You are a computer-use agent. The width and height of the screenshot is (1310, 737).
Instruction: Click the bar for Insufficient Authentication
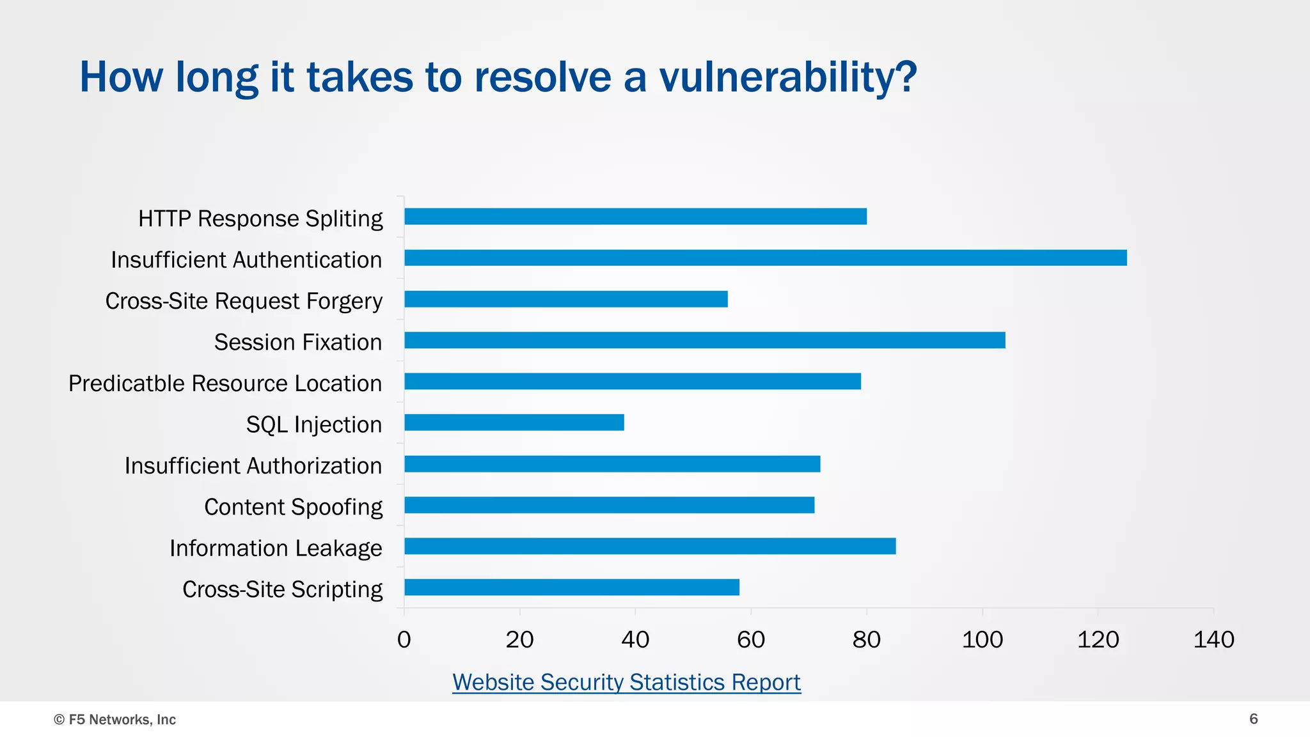[765, 258]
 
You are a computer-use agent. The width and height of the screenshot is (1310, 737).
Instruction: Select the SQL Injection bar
[514, 423]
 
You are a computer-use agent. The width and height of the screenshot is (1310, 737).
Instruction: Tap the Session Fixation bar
[704, 340]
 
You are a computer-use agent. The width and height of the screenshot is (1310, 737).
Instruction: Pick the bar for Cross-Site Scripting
[571, 587]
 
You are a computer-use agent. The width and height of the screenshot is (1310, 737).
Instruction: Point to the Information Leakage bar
[649, 547]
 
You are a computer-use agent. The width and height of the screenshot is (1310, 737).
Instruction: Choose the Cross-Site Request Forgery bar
[565, 299]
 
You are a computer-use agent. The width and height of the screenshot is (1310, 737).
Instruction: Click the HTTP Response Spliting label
[260, 219]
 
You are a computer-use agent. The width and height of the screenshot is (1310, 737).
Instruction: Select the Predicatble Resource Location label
[225, 384]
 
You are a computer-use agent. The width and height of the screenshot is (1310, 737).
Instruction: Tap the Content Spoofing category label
[293, 507]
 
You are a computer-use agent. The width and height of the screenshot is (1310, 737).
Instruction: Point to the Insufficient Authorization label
[253, 466]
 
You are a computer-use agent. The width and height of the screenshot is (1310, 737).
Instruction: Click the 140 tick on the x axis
[1213, 640]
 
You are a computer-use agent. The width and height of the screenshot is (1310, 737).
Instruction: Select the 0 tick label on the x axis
[404, 640]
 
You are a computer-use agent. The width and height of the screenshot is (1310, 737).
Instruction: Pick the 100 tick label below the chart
[982, 640]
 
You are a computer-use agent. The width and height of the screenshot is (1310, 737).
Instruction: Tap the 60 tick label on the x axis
[751, 640]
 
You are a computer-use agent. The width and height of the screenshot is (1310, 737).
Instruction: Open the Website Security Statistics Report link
[626, 683]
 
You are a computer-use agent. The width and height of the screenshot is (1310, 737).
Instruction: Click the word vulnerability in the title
[787, 77]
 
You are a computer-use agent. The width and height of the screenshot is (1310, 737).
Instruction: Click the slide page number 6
[1254, 719]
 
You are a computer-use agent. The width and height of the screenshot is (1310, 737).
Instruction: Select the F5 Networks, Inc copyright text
[115, 720]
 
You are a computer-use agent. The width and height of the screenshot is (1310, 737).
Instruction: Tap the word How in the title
[121, 77]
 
